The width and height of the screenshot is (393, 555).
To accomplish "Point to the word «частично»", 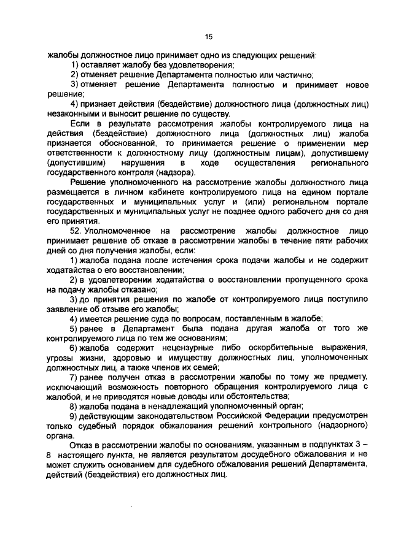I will click(x=295, y=74).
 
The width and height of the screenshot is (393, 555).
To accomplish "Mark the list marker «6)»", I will click(x=73, y=348).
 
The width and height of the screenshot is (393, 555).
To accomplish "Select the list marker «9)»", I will click(x=73, y=417).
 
